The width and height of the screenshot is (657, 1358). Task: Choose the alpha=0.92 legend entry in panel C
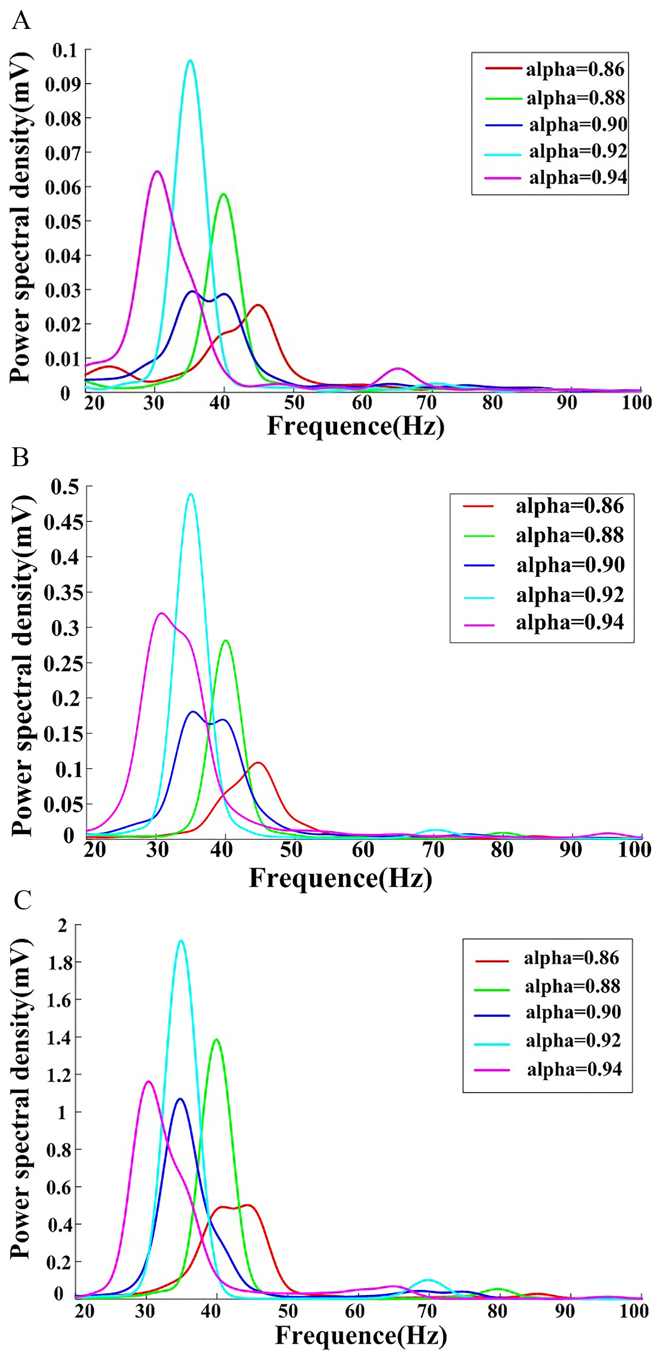[x=548, y=1040]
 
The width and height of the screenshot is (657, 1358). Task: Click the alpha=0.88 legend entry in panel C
[x=548, y=986]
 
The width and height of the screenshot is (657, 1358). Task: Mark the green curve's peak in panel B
[x=226, y=641]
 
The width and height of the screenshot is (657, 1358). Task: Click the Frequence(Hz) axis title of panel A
[x=356, y=426]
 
